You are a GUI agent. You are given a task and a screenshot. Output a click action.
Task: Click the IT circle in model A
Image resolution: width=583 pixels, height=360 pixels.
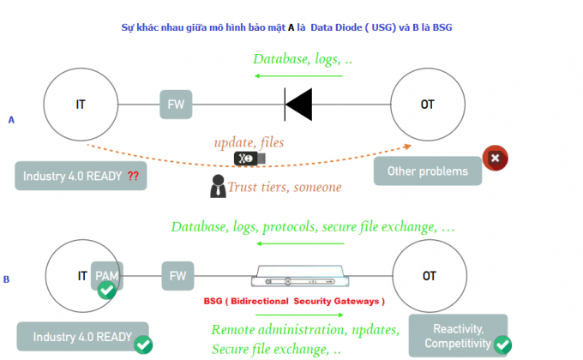pyautogui.click(x=81, y=105)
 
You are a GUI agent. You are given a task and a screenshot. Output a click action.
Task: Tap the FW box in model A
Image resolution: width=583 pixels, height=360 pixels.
pyautogui.click(x=176, y=105)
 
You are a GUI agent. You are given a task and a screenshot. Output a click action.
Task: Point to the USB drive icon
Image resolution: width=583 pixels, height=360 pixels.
pyautogui.click(x=249, y=159)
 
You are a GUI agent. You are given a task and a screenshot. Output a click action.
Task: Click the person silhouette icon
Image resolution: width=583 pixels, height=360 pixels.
pyautogui.click(x=218, y=185)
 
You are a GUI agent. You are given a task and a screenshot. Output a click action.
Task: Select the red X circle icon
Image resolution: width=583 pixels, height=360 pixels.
pyautogui.click(x=495, y=159)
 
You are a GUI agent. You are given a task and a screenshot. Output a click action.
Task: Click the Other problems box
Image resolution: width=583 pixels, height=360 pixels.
pyautogui.click(x=428, y=171)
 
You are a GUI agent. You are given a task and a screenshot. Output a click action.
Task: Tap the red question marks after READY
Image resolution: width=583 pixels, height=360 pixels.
pyautogui.click(x=133, y=176)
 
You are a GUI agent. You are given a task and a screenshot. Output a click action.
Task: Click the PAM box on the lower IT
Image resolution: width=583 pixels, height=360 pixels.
pyautogui.click(x=107, y=276)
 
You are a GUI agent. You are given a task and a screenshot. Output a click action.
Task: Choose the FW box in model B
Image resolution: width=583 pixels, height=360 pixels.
pyautogui.click(x=177, y=276)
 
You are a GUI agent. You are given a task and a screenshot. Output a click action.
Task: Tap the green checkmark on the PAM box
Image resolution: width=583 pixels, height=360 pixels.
pyautogui.click(x=107, y=290)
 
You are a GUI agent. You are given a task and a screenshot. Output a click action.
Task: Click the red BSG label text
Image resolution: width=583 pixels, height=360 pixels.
pyautogui.click(x=294, y=302)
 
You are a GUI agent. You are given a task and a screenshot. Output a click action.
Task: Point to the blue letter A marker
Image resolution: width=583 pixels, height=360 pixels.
pyautogui.click(x=11, y=120)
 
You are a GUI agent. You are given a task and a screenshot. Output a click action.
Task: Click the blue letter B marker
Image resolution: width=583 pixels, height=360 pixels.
pyautogui.click(x=7, y=279)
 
